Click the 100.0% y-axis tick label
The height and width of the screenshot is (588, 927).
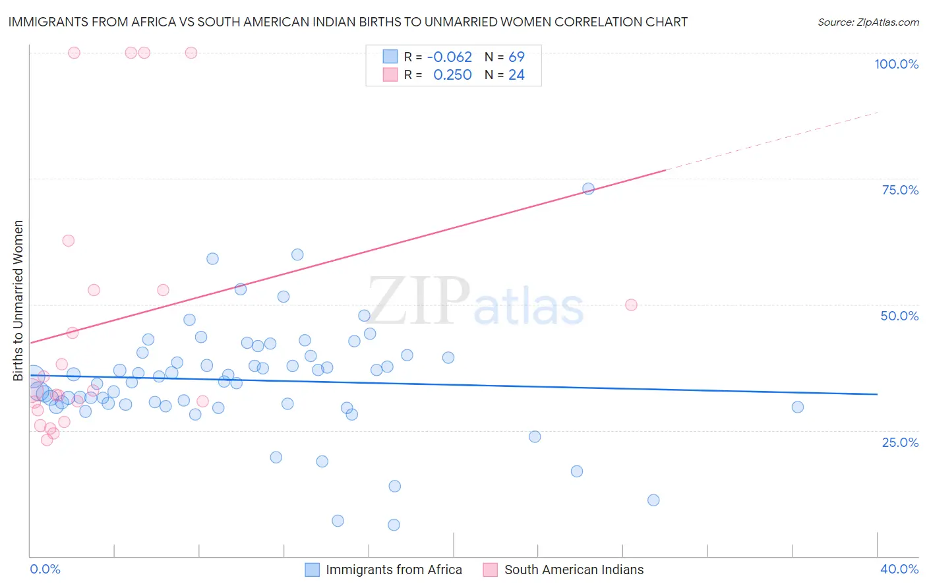[x=896, y=64]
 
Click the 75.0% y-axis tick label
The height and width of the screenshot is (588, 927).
[x=900, y=190]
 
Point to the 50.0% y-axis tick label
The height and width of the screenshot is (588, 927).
[x=899, y=316]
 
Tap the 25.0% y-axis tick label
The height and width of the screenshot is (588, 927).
[x=900, y=442]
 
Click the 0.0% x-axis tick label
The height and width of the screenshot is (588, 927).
[x=45, y=569]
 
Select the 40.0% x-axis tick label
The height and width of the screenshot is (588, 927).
[x=899, y=569]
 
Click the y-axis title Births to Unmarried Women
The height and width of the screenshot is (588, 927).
[x=18, y=301]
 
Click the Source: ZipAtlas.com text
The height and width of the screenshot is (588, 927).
[x=868, y=22]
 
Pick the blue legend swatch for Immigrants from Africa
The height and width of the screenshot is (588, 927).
[x=312, y=570]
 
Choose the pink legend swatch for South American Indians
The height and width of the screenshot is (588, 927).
[x=490, y=570]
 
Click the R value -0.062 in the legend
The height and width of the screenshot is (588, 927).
[x=450, y=57]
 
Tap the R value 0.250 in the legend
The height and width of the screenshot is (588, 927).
[x=452, y=75]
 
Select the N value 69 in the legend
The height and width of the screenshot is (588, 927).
[x=516, y=57]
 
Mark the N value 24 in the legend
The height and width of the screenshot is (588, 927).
[x=516, y=75]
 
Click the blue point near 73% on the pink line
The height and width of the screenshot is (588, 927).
[x=588, y=189]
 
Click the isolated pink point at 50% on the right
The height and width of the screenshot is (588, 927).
[x=631, y=305]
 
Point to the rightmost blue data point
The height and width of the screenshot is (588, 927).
[x=797, y=407]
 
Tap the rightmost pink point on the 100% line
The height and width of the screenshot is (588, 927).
[x=191, y=53]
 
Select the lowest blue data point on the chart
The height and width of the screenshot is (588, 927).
[x=394, y=525]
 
